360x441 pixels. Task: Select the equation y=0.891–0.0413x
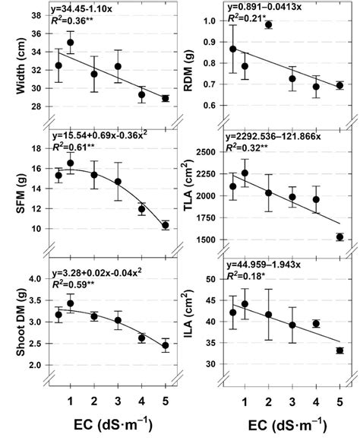pos(270,10)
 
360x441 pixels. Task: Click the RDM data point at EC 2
pos(289,25)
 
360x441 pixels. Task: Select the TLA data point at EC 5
pos(339,237)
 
